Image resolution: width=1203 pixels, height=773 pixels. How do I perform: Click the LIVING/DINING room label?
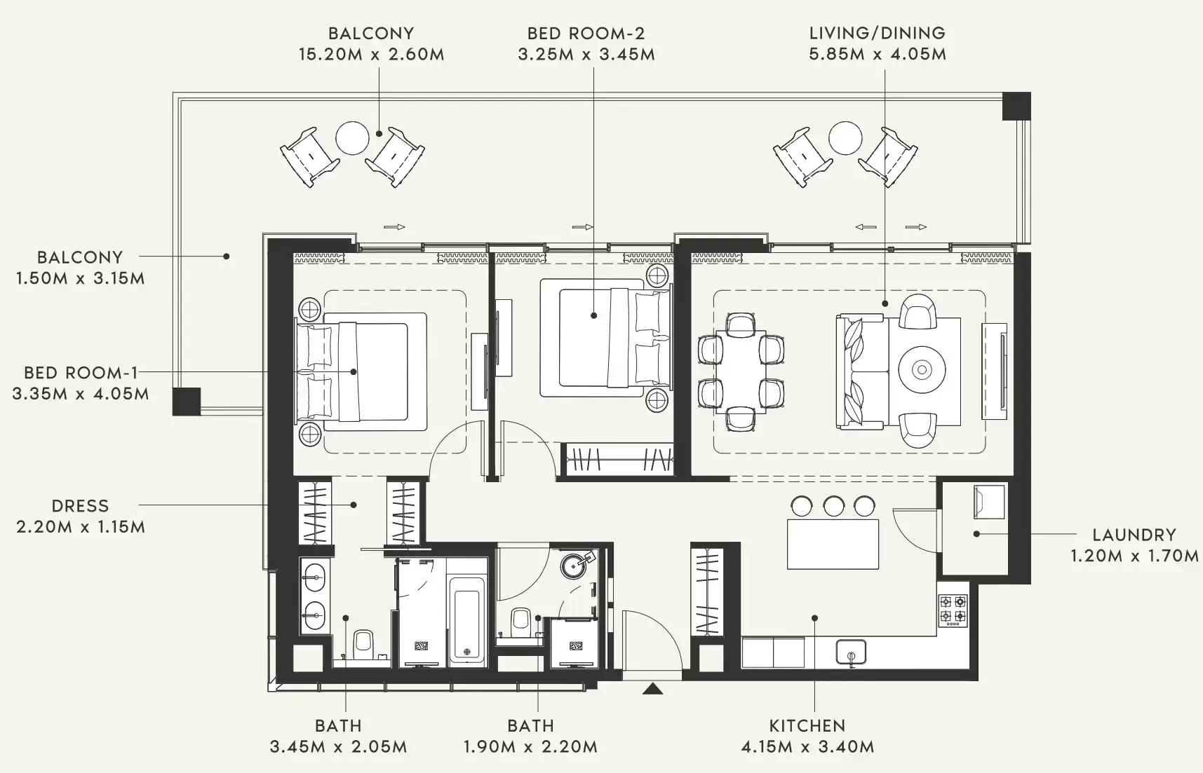pos(877,33)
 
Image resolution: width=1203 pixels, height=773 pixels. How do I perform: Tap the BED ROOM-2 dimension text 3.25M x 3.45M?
pos(586,54)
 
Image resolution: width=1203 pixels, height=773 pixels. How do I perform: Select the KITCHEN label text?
pos(807,725)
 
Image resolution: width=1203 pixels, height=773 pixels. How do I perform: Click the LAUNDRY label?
pos(1134,535)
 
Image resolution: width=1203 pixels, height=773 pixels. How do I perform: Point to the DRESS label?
pos(80,505)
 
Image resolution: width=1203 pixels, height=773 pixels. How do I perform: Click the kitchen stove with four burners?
pos(953,610)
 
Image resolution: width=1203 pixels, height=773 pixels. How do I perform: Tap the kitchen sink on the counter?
pos(850,652)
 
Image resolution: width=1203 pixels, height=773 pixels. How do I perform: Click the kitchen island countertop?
pos(833,544)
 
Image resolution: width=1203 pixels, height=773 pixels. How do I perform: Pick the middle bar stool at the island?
pos(833,506)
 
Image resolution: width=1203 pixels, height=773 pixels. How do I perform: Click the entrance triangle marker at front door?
pos(653,689)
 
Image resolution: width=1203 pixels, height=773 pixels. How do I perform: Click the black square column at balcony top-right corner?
pos(1016,106)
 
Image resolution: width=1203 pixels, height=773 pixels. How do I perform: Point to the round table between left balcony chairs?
pos(352,138)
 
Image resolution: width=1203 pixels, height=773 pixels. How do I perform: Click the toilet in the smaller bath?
pos(520,620)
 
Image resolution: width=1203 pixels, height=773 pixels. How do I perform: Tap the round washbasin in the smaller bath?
pos(576,565)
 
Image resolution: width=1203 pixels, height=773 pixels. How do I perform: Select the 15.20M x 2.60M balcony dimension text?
pos(371,54)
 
